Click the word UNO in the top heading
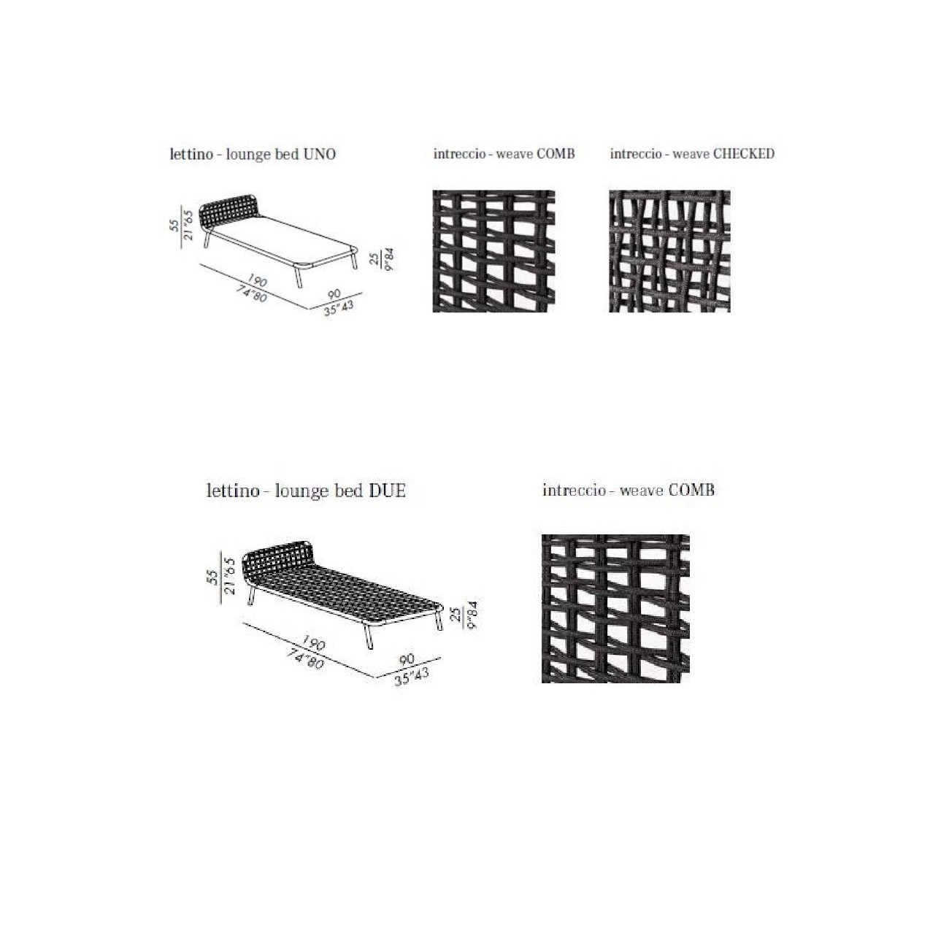(x=319, y=154)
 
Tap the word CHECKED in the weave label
(x=744, y=153)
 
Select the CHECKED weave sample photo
(x=669, y=251)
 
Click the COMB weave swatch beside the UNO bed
(x=493, y=251)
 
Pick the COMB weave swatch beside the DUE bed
(x=615, y=608)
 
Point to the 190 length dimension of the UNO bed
(x=256, y=281)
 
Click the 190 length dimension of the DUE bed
(x=313, y=642)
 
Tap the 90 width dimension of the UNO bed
(x=334, y=294)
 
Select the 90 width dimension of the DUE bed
(x=407, y=659)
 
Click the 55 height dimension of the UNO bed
(x=174, y=225)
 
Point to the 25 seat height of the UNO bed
(x=375, y=258)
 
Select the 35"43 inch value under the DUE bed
(x=412, y=676)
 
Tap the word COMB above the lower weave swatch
(x=691, y=491)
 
